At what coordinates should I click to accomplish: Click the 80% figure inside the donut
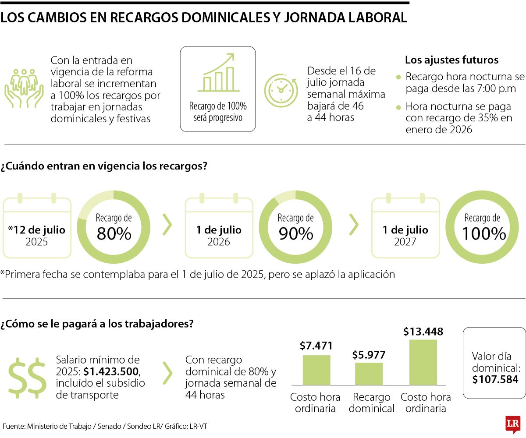(114, 234)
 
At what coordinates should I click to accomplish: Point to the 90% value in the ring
(296, 234)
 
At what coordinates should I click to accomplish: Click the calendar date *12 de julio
(37, 230)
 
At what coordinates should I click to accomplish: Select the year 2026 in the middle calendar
(218, 242)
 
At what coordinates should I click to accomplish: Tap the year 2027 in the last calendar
(405, 242)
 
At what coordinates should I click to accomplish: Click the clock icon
(281, 91)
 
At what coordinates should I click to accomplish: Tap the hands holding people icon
(25, 88)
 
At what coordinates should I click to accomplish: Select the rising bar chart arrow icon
(218, 73)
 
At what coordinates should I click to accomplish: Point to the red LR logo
(512, 424)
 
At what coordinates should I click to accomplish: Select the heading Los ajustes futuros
(451, 60)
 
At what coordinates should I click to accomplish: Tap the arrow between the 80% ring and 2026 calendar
(167, 225)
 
